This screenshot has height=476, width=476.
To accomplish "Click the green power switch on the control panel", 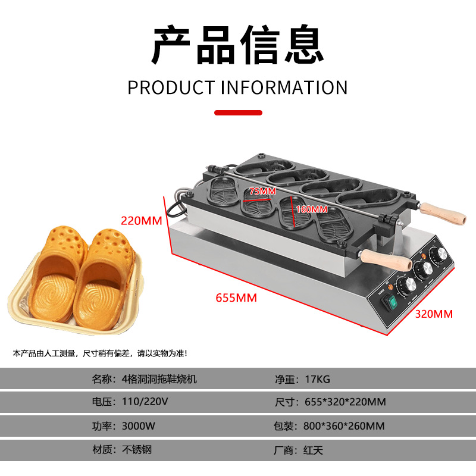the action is coord(390,302).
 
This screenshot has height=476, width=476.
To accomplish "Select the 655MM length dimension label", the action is coord(236,298).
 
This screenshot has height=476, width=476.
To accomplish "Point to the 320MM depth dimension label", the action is coord(433,314).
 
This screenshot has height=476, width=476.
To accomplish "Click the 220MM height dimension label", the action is coord(142,220).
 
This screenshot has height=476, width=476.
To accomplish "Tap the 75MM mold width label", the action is coord(262,191).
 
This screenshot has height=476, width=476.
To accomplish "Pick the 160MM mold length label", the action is coord(312,209).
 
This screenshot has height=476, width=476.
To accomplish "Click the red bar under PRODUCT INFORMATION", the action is coord(237,111).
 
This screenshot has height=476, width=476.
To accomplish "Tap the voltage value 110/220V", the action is coord(145,402).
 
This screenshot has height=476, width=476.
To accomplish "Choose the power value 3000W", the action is coord(139,426).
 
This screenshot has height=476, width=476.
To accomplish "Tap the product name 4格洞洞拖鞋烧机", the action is coord(159,378).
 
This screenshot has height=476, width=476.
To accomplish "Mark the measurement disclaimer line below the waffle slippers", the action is coord(100,353).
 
